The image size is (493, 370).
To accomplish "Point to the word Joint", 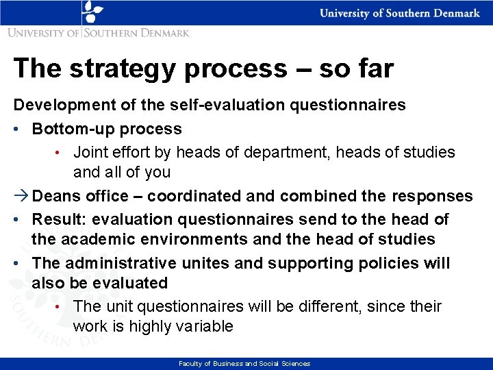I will [90, 152].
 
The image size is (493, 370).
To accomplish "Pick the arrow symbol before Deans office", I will [21, 196].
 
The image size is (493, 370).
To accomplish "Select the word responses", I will [431, 196].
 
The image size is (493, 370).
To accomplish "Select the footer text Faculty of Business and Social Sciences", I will [244, 364].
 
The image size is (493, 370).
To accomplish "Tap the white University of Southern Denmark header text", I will [400, 14].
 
